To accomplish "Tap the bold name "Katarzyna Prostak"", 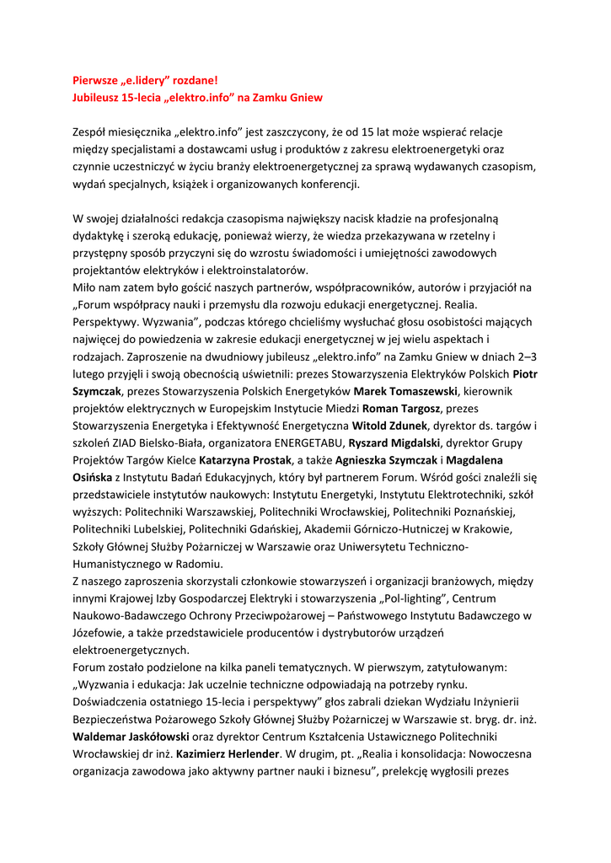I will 245,460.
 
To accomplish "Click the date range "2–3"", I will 525,356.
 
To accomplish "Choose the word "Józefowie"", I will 99,633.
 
